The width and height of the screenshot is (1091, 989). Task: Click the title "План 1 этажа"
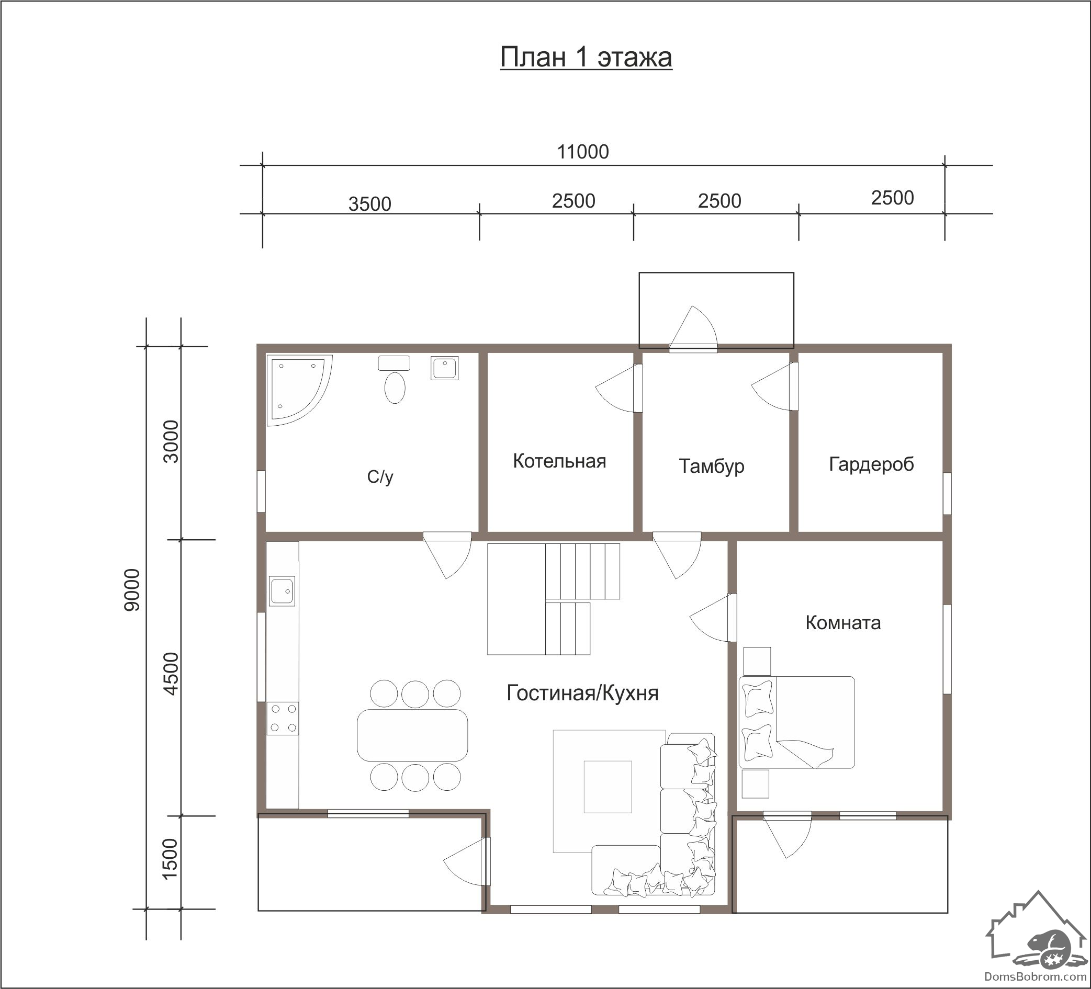(x=586, y=58)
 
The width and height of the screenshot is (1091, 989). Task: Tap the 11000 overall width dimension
(x=583, y=152)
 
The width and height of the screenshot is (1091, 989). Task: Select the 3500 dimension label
(x=369, y=204)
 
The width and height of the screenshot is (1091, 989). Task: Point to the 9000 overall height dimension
(x=132, y=590)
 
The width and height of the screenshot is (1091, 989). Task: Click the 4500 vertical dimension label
(x=171, y=674)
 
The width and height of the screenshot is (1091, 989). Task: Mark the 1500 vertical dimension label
(x=170, y=859)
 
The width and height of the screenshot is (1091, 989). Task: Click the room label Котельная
(x=559, y=461)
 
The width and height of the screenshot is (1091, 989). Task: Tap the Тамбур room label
(x=712, y=467)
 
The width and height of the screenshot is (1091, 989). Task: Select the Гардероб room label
(x=871, y=464)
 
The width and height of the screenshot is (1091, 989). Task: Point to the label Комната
(x=843, y=623)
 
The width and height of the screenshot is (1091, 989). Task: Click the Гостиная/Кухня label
(x=582, y=693)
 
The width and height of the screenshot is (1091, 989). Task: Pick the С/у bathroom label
(x=380, y=476)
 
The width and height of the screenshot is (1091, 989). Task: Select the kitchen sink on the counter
(x=282, y=591)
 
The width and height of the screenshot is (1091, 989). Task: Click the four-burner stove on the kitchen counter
(x=283, y=719)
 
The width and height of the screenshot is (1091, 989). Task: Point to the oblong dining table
(x=412, y=735)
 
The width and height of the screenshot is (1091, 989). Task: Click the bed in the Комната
(x=796, y=722)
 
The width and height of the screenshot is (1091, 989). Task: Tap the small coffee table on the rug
(x=608, y=787)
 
